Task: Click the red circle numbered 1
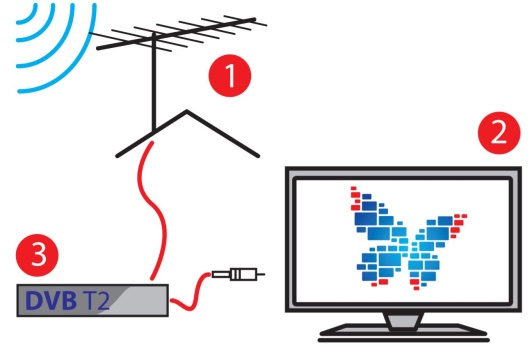click(230, 75)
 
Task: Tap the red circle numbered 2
click(499, 133)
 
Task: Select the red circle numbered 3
click(37, 255)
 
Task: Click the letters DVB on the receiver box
click(51, 300)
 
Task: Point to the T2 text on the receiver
click(96, 300)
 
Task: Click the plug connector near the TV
click(238, 273)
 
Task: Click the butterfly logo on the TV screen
click(408, 238)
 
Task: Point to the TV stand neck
click(403, 321)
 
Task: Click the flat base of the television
click(403, 333)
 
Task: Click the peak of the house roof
click(187, 111)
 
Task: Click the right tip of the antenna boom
click(255, 19)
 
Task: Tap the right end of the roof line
click(258, 156)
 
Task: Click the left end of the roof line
click(117, 156)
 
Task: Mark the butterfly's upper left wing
click(377, 217)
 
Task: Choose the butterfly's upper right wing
click(441, 231)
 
